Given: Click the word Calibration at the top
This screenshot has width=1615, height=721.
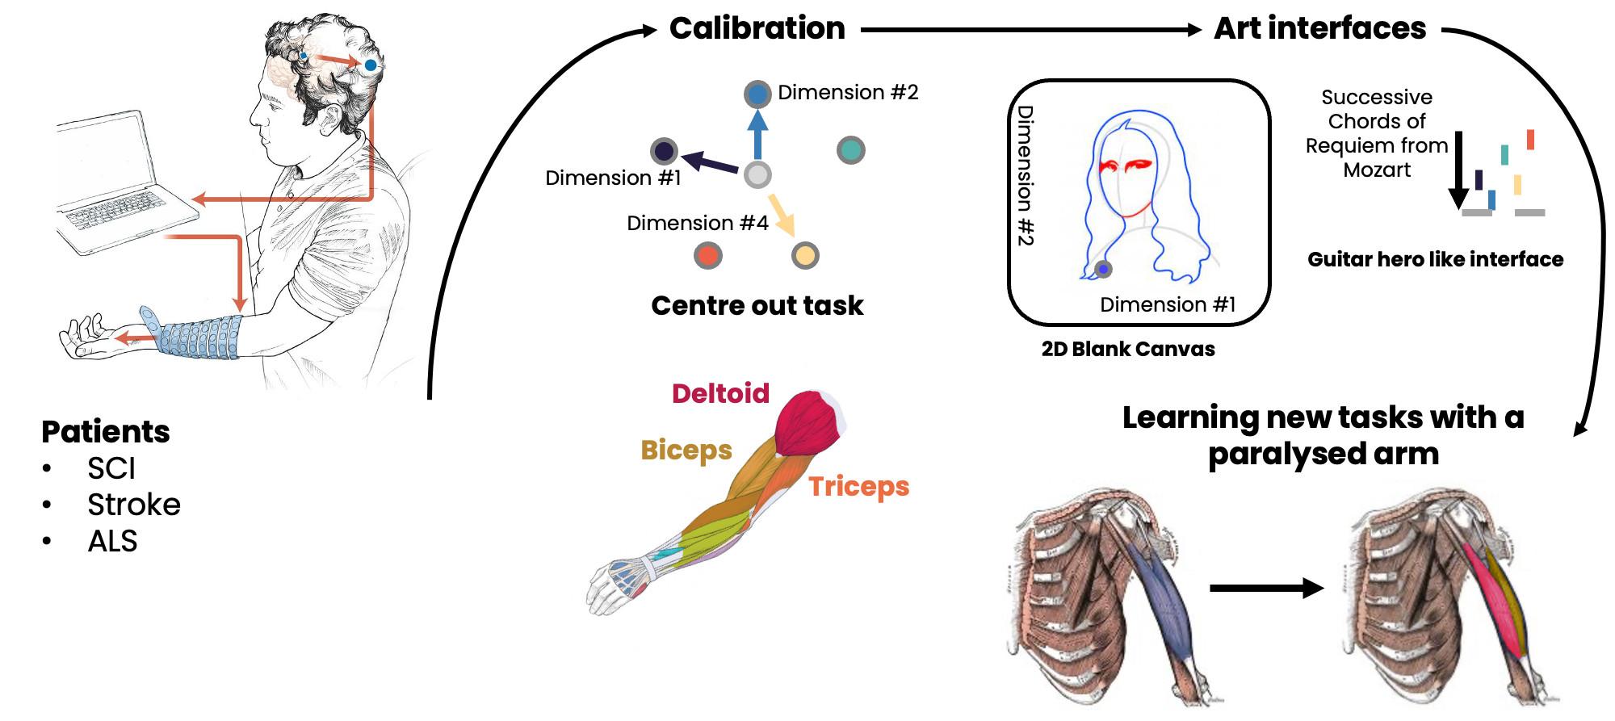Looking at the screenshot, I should tap(757, 29).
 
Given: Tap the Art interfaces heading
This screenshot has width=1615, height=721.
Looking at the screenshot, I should tap(1319, 29).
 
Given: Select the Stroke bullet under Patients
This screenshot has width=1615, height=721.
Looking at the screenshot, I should tap(133, 505).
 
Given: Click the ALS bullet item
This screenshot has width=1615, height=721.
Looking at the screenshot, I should tap(112, 541).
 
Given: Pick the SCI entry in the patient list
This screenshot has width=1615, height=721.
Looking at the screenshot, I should tap(111, 468).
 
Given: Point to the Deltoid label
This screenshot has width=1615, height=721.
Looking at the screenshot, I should tap(720, 393).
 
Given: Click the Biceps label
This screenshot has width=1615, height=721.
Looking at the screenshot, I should tap(686, 450).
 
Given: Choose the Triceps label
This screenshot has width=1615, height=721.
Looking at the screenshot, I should tap(858, 486).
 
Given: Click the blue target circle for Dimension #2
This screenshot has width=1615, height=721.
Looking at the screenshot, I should tap(757, 94).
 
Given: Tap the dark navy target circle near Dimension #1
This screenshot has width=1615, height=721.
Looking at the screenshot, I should tap(664, 151).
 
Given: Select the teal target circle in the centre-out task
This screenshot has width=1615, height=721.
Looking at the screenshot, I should tap(850, 150).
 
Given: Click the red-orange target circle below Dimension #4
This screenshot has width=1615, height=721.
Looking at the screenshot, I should tap(707, 256).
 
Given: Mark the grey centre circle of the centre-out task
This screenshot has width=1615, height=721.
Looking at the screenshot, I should tap(757, 174).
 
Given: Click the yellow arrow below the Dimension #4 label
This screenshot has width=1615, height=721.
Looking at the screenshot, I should tap(782, 214).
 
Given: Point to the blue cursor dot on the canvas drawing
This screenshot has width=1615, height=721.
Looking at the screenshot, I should tap(1103, 269).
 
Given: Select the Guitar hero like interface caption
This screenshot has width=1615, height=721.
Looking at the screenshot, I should tap(1435, 259).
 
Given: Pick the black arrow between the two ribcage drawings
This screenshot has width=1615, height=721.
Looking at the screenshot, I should tap(1266, 588).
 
